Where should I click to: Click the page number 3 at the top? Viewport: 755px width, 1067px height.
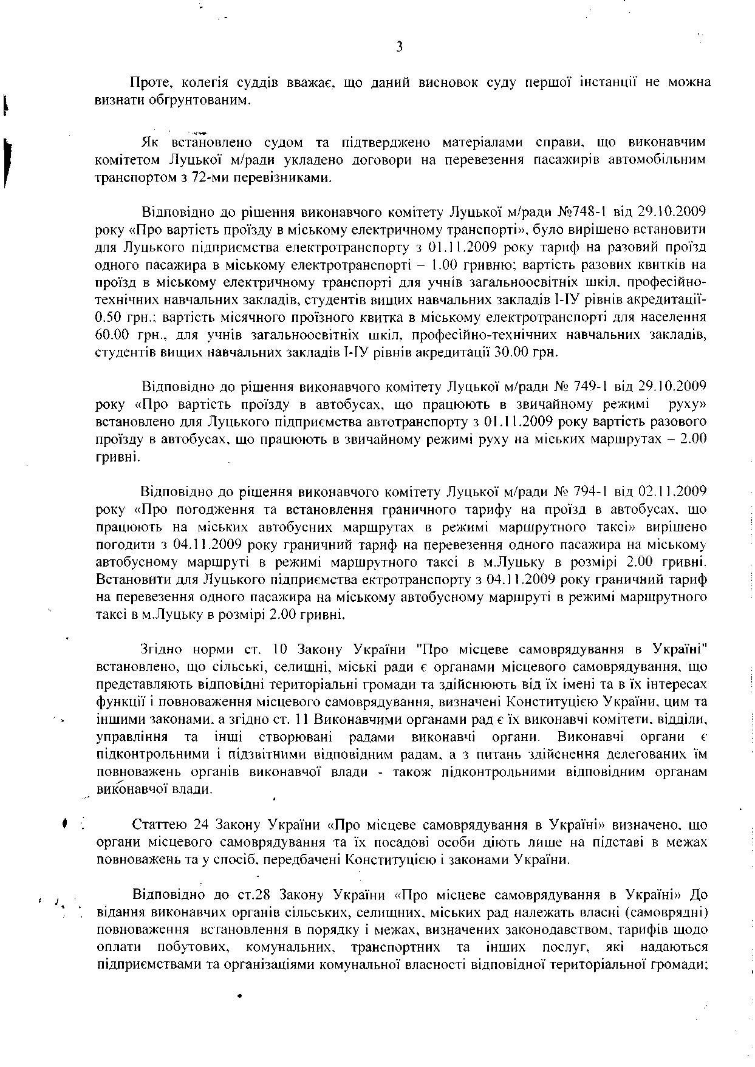(399, 47)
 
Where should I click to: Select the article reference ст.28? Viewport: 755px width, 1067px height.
(253, 895)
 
